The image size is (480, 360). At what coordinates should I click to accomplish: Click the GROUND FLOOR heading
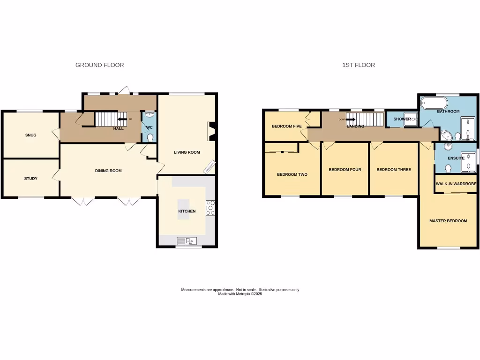[99, 65]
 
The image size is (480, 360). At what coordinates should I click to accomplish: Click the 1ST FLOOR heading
[358, 65]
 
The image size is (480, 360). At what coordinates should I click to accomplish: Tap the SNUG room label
[30, 135]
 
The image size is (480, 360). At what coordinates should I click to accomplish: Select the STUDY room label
[30, 178]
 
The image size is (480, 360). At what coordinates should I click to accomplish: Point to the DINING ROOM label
[108, 171]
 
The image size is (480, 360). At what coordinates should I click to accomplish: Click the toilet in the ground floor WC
[150, 137]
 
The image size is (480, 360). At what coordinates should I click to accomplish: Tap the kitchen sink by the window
[187, 241]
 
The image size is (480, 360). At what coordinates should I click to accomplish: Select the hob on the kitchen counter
[210, 208]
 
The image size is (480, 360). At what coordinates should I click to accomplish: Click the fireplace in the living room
[211, 132]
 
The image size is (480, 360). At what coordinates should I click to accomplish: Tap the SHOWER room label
[402, 119]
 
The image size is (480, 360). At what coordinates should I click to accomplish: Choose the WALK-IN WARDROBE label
[456, 184]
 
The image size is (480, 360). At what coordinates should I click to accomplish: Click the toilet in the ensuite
[448, 166]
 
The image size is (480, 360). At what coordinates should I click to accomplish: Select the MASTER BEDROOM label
[448, 220]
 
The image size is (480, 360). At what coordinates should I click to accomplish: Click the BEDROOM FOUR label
[345, 169]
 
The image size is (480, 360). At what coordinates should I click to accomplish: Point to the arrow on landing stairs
[350, 119]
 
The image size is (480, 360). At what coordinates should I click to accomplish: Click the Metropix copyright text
[240, 293]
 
